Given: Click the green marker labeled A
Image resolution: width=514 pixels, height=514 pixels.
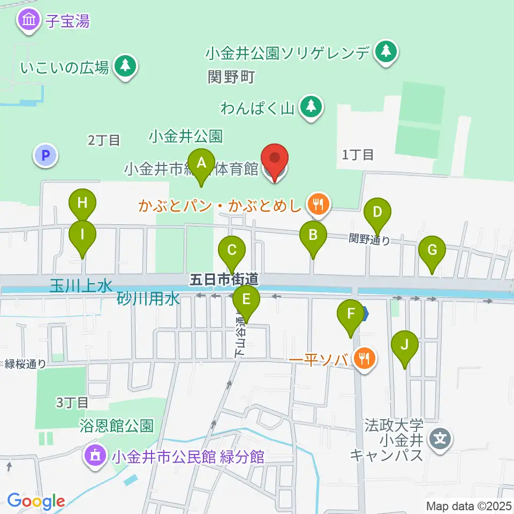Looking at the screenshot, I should (x=201, y=163).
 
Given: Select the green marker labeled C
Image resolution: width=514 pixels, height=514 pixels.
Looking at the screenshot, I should (x=232, y=251).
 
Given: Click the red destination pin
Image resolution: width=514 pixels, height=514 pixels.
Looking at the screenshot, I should (x=275, y=160).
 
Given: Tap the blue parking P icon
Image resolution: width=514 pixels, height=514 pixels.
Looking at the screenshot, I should (x=46, y=156).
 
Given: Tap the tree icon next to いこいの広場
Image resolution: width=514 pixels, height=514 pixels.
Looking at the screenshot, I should (x=125, y=66).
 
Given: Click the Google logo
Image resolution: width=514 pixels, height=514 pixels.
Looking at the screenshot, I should (x=36, y=501).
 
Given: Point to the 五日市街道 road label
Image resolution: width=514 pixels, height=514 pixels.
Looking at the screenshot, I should (x=225, y=278).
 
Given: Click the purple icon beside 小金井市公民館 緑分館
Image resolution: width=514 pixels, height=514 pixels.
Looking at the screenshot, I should (x=96, y=456).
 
